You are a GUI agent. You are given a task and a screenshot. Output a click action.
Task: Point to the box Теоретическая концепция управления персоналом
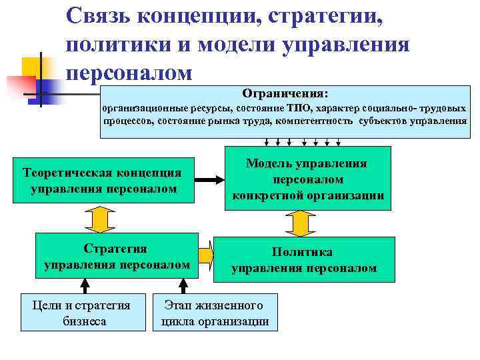coord(103,180)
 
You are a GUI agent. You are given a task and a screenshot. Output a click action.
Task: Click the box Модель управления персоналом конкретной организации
coord(307,179)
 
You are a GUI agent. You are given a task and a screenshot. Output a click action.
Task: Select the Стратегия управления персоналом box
coord(117,256)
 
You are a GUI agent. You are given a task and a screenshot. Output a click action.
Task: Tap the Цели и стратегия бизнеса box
coord(83,313)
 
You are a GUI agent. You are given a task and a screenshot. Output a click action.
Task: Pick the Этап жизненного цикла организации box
coord(215,313)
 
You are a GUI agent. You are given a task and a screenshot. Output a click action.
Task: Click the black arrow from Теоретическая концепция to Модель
coord(209,180)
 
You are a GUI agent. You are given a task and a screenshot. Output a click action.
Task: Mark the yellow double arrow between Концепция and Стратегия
coord(99,218)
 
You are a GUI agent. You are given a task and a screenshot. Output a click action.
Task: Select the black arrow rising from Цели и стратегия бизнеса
coord(85,286)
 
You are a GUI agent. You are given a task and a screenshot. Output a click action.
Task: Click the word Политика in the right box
coord(302,252)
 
